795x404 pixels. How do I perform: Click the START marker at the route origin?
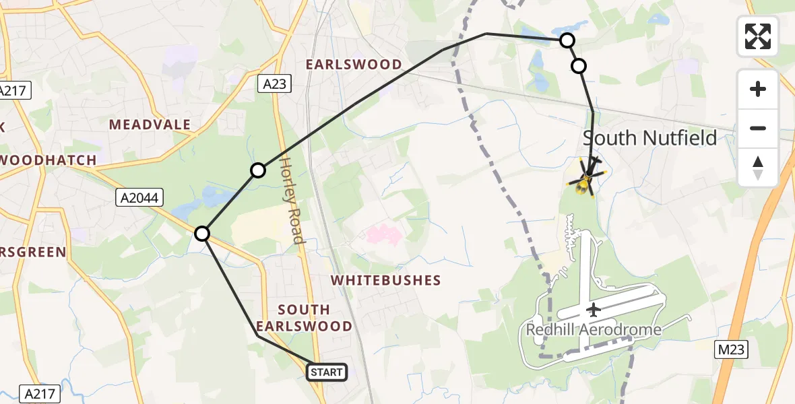[x=327, y=372]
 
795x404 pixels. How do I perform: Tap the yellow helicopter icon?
[x=585, y=178]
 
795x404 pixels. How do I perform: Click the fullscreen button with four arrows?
[x=758, y=36]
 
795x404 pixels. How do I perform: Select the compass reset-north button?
[x=758, y=167]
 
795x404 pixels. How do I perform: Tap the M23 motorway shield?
[x=731, y=349]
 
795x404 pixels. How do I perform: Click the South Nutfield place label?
[x=649, y=138]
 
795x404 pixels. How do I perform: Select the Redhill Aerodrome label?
[x=593, y=330]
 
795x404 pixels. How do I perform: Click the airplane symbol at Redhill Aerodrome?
[x=593, y=310]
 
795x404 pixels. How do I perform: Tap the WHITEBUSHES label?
[x=385, y=280]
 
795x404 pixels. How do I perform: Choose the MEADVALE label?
[x=150, y=125]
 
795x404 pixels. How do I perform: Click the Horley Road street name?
[x=291, y=201]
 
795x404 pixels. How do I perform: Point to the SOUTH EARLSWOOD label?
[x=314, y=318]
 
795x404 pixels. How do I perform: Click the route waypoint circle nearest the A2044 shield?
[x=202, y=234]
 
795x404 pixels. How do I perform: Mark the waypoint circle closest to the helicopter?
[x=579, y=66]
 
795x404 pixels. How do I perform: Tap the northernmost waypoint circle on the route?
[x=567, y=40]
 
